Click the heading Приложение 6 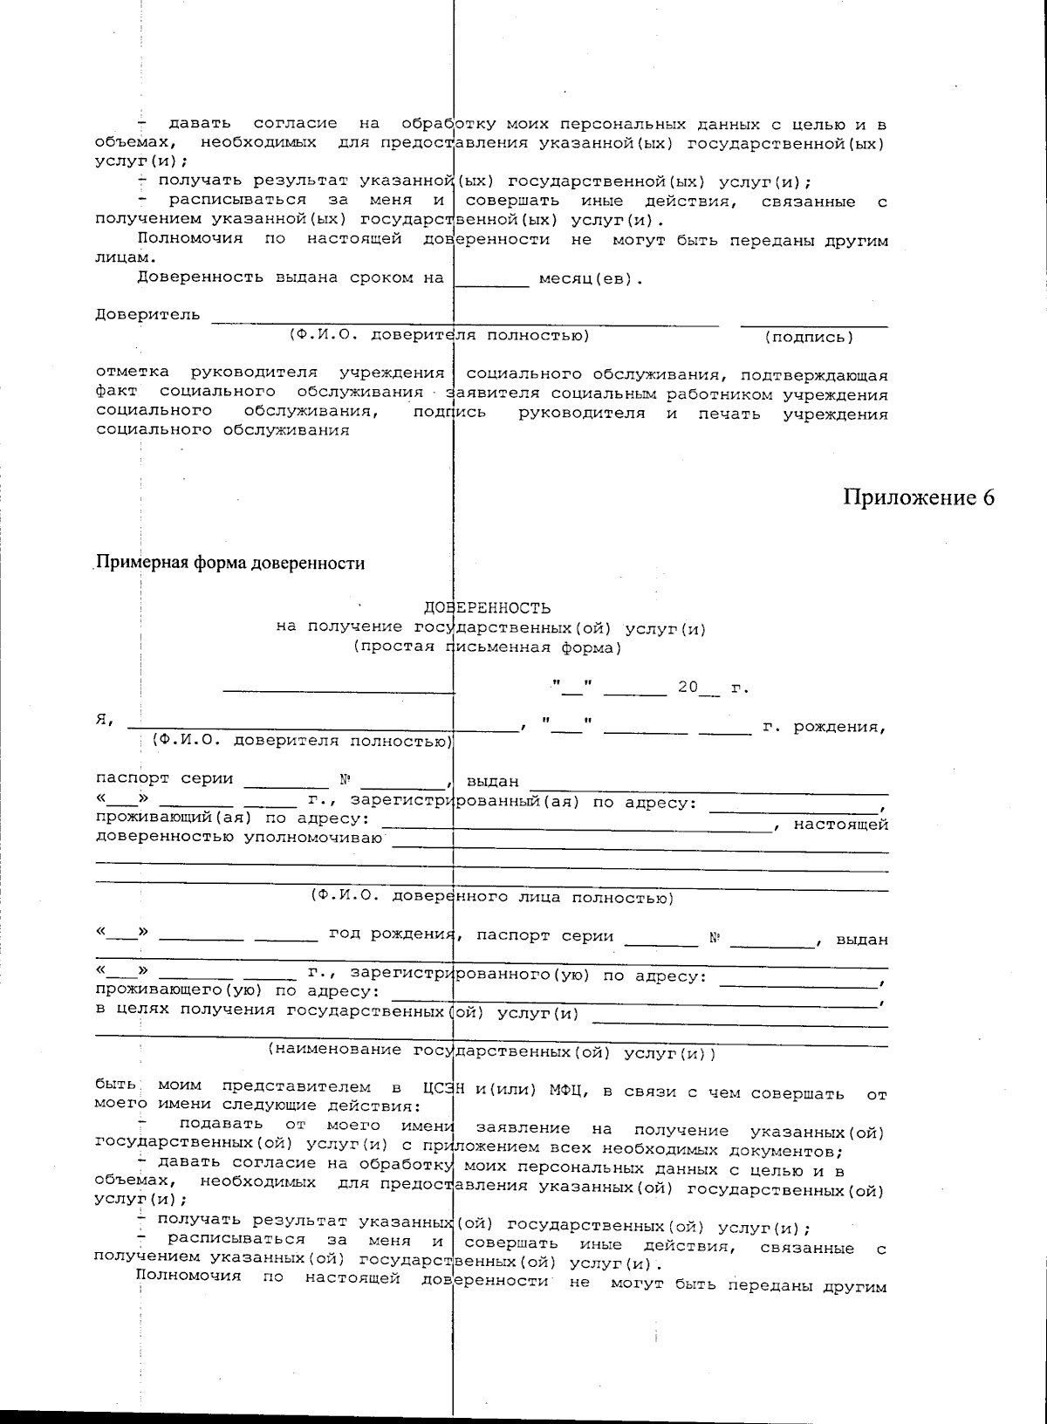(x=918, y=497)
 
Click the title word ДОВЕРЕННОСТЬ (x=487, y=608)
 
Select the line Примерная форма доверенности (x=230, y=564)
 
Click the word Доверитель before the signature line (x=147, y=315)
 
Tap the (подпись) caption (x=809, y=337)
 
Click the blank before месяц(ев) (x=492, y=282)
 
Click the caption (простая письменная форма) (x=487, y=647)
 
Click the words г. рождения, (x=824, y=726)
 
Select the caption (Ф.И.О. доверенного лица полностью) (x=491, y=897)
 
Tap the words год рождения (x=392, y=935)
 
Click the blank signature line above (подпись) (x=814, y=325)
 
